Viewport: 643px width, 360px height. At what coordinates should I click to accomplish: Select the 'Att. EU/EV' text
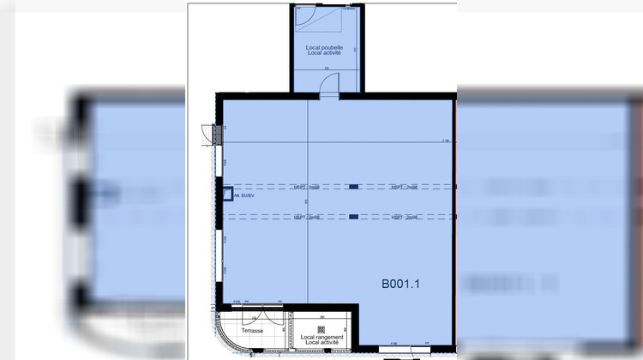coord(244,195)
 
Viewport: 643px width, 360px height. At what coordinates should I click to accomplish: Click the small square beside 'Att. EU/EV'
coord(227,195)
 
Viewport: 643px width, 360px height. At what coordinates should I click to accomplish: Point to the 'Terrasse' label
coord(252,330)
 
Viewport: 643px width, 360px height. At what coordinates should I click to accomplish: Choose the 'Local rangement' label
coord(321,338)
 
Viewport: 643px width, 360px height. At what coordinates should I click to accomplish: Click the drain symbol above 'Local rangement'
coord(321,328)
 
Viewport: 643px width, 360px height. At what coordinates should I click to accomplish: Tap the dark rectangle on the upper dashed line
coord(353,186)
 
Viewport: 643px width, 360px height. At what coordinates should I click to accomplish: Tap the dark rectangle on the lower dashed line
coord(353,217)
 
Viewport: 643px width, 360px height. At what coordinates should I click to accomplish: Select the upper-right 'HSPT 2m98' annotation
coord(404,186)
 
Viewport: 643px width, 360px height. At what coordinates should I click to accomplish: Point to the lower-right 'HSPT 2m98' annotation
coord(404,218)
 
